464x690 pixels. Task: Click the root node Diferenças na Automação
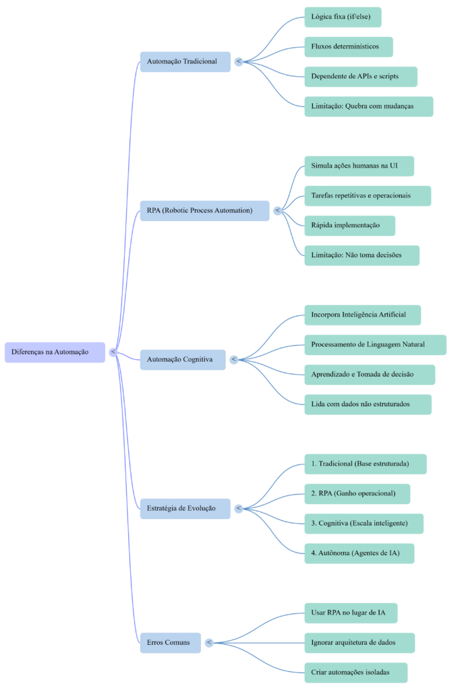pyautogui.click(x=55, y=352)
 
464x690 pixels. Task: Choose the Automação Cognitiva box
pyautogui.click(x=183, y=359)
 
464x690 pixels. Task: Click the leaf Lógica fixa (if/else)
pyautogui.click(x=343, y=17)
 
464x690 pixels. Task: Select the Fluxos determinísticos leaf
pyautogui.click(x=348, y=46)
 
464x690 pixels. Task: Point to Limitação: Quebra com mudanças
pyautogui.click(x=368, y=106)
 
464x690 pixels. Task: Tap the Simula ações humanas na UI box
pyautogui.click(x=359, y=166)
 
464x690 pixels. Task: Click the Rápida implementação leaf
pyautogui.click(x=349, y=225)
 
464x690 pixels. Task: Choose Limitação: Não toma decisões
pyautogui.click(x=361, y=255)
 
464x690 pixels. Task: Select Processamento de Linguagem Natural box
pyautogui.click(x=375, y=344)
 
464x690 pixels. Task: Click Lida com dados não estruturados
pyautogui.click(x=368, y=404)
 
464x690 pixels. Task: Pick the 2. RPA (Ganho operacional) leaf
pyautogui.click(x=357, y=493)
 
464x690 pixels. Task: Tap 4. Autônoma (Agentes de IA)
pyautogui.click(x=359, y=553)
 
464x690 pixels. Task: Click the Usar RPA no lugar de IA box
pyautogui.click(x=350, y=613)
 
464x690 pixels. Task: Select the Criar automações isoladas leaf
pyautogui.click(x=355, y=672)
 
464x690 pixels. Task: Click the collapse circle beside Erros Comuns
pyautogui.click(x=209, y=643)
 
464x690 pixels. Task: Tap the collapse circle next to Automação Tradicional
pyautogui.click(x=239, y=61)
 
